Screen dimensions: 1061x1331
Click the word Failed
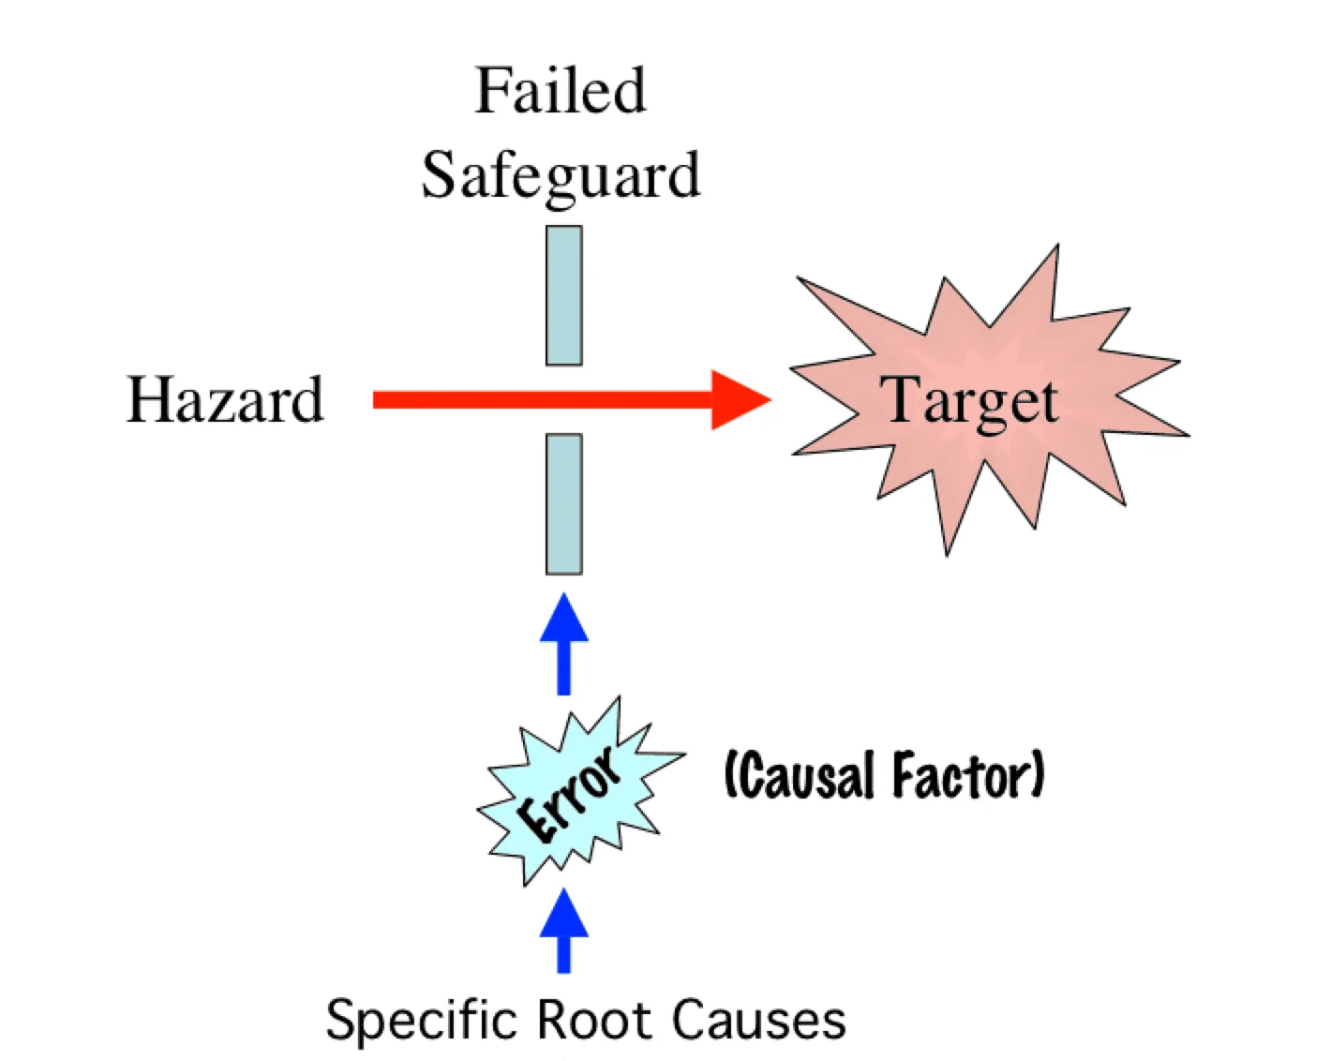[x=561, y=91]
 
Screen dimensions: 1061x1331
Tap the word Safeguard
[x=561, y=175]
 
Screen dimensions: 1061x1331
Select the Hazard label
[x=225, y=400]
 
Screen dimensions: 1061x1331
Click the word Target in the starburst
[x=970, y=400]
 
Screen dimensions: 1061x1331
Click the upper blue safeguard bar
[x=564, y=295]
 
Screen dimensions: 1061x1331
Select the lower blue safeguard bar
[x=564, y=503]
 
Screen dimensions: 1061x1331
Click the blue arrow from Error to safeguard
[x=564, y=645]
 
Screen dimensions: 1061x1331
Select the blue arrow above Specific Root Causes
[x=564, y=930]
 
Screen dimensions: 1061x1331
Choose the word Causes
[x=759, y=1020]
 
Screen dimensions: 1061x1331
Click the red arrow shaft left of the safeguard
[x=450, y=400]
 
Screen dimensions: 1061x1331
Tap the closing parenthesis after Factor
[x=1037, y=776]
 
